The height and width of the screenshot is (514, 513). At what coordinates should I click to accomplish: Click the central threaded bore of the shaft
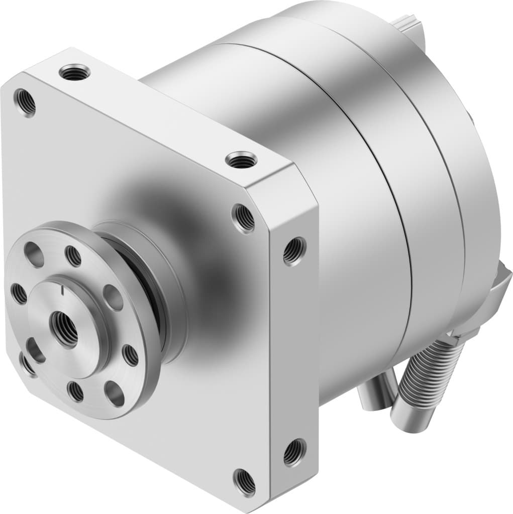tap(64, 329)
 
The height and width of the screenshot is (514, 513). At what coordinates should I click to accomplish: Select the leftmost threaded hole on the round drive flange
tap(19, 294)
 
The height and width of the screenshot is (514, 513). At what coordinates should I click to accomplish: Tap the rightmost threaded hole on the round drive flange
tap(130, 355)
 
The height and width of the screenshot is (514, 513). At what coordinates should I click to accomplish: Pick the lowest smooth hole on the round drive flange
tap(115, 395)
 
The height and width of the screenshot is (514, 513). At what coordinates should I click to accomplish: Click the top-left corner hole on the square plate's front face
tap(24, 102)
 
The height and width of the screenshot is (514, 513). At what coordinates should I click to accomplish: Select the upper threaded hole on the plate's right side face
tap(293, 250)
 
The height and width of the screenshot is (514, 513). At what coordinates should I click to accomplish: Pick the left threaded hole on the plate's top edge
tap(74, 73)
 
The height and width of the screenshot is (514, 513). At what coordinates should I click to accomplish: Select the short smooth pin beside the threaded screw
tap(374, 397)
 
